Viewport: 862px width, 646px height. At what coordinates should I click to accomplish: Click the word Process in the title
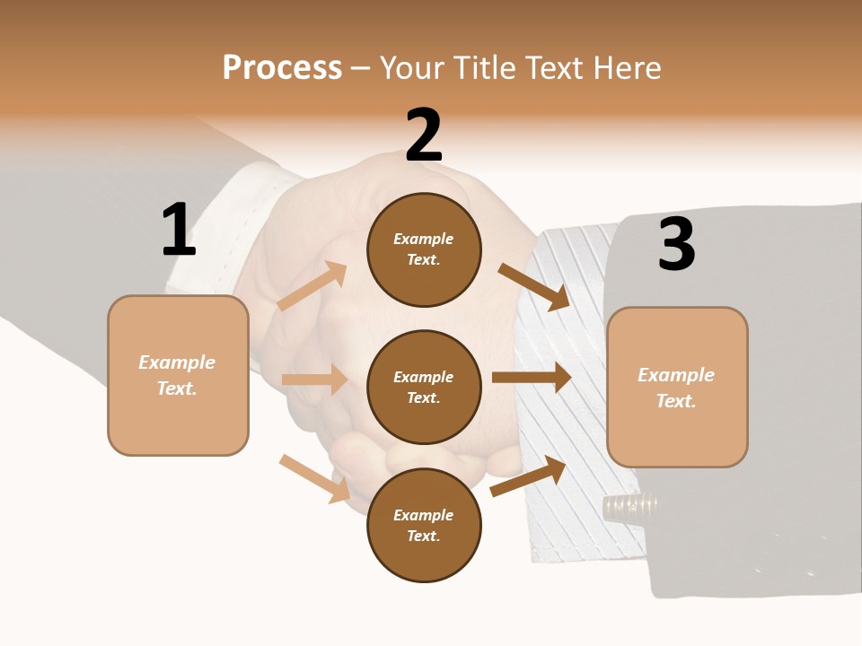click(282, 68)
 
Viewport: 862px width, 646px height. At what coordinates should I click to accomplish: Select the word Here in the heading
click(626, 68)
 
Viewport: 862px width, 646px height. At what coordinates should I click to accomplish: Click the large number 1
click(179, 230)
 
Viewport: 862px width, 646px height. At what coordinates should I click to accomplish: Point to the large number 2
click(424, 135)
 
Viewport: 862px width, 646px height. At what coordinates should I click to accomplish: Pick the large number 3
click(676, 244)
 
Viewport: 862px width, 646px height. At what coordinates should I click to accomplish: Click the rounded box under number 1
click(178, 375)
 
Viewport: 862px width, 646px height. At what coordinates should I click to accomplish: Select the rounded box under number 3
click(677, 387)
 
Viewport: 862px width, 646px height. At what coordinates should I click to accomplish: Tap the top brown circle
click(424, 249)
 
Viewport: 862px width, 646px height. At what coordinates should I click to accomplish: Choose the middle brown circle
click(424, 387)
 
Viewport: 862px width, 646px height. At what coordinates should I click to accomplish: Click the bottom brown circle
click(424, 525)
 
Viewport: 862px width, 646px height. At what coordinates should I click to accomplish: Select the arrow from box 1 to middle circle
click(314, 380)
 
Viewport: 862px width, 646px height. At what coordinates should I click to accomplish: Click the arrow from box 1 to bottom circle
click(315, 478)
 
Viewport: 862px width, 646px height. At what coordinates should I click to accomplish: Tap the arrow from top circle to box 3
click(534, 286)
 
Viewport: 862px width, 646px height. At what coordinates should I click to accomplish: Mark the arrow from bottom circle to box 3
click(528, 476)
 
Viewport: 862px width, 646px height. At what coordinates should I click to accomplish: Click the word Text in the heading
click(558, 68)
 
